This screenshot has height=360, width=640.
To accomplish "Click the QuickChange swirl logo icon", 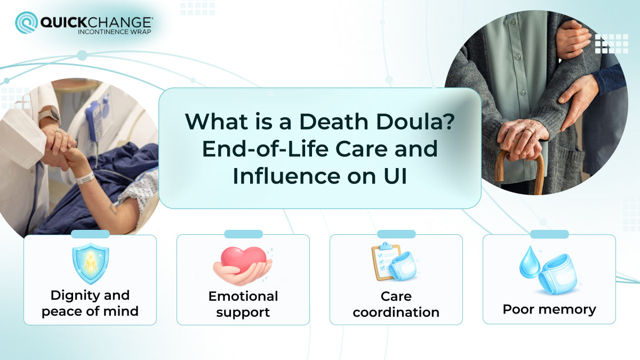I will [26, 23].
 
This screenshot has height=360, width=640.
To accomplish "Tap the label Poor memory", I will [549, 309].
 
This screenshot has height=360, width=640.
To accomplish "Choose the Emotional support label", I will [243, 304].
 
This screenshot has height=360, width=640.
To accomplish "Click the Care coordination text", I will [396, 304].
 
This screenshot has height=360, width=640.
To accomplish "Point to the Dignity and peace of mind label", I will [90, 303].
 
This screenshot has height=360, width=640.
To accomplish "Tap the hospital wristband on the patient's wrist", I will [84, 177].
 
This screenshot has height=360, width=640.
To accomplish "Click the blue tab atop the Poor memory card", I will [549, 234].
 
